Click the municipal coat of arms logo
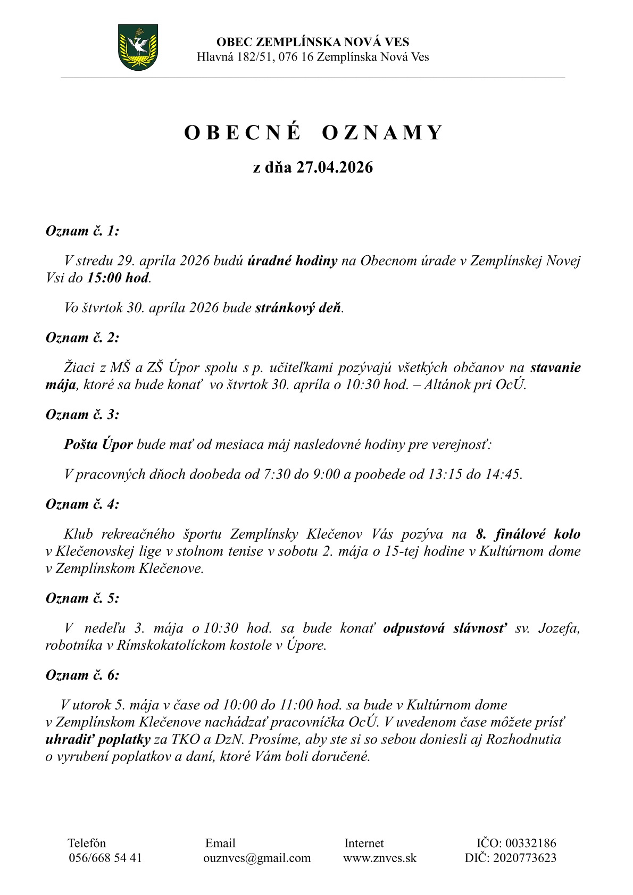[138, 47]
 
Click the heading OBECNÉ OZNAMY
[313, 133]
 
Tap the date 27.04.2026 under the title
[335, 168]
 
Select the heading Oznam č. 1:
[82, 231]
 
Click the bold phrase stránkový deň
[298, 308]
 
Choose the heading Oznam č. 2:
[82, 338]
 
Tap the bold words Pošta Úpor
[98, 444]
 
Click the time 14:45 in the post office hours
[503, 474]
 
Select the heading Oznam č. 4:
[82, 504]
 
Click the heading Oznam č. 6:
[82, 675]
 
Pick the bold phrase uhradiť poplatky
[98, 740]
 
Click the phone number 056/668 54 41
[105, 858]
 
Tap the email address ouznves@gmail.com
[257, 858]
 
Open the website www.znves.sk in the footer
[380, 858]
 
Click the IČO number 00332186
[530, 843]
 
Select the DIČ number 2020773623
[525, 858]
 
